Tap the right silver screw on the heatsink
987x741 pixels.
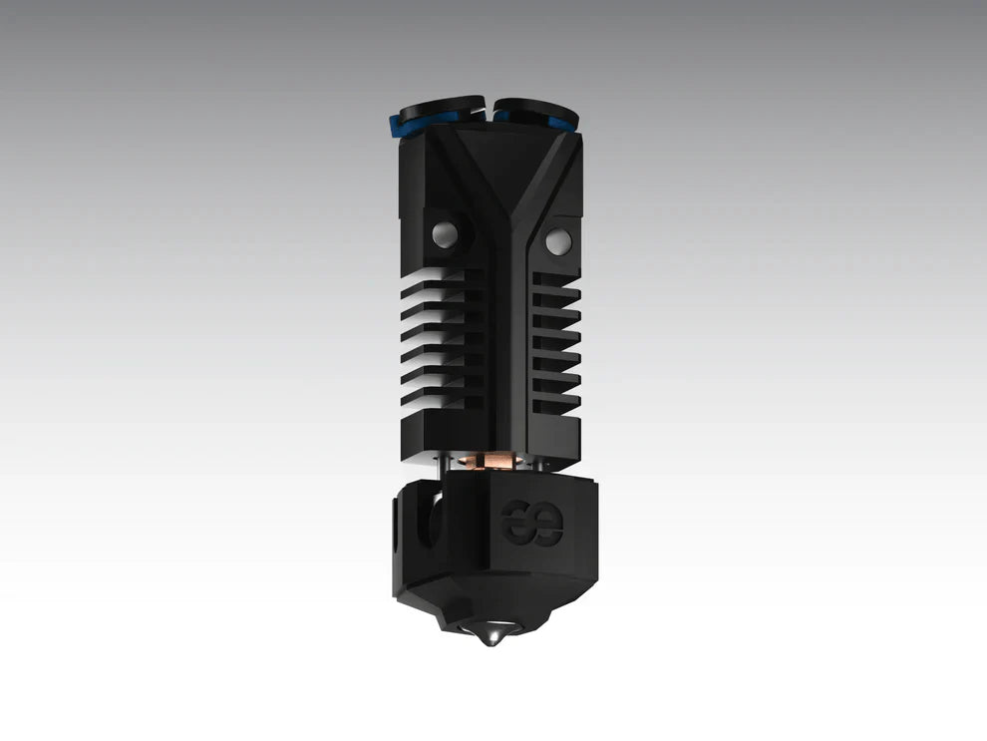[x=558, y=239]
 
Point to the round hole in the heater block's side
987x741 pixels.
[x=428, y=519]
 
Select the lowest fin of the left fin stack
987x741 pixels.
[x=439, y=401]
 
